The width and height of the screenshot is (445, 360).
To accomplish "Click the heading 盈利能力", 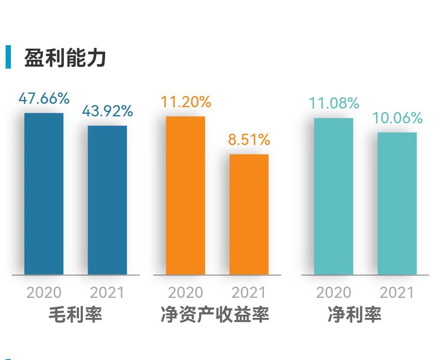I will pos(65,58).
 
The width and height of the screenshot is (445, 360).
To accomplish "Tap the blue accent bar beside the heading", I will pos(8,57).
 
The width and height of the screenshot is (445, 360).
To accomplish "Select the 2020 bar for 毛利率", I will pos(44,194).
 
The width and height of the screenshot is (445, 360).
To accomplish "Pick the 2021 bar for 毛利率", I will pos(107,200).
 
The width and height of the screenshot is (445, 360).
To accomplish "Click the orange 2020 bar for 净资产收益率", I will pos(185,195).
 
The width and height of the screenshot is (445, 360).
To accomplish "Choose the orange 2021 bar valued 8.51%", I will pos(249,215).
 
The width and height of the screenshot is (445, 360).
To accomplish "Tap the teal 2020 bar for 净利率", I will pos(333,196).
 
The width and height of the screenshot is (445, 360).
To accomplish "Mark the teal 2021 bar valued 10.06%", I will pos(397,204).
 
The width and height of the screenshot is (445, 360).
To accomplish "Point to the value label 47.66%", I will pos(44,99).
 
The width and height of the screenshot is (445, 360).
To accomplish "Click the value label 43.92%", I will pos(107,111).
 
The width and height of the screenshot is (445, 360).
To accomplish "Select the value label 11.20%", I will pos(186,102).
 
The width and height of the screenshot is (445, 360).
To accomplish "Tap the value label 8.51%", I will pos(249,140).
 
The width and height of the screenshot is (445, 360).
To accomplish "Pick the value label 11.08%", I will pos(334,103).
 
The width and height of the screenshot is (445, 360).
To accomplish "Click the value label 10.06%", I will pos(397,118).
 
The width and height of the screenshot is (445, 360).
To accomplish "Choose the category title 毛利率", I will pos(76,314).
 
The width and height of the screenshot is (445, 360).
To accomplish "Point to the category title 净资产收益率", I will pos(215,314).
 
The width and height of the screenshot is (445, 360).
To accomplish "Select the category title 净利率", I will pos(355,314).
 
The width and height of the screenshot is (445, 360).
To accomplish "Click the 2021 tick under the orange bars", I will pos(249,293).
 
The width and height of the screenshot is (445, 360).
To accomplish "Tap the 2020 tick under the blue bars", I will pos(44,293).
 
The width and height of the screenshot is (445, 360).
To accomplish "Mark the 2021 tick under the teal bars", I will pos(397,293).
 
